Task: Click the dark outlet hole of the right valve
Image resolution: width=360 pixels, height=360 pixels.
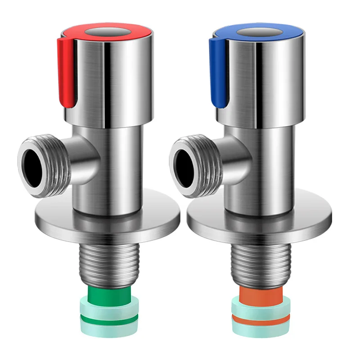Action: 186,163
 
